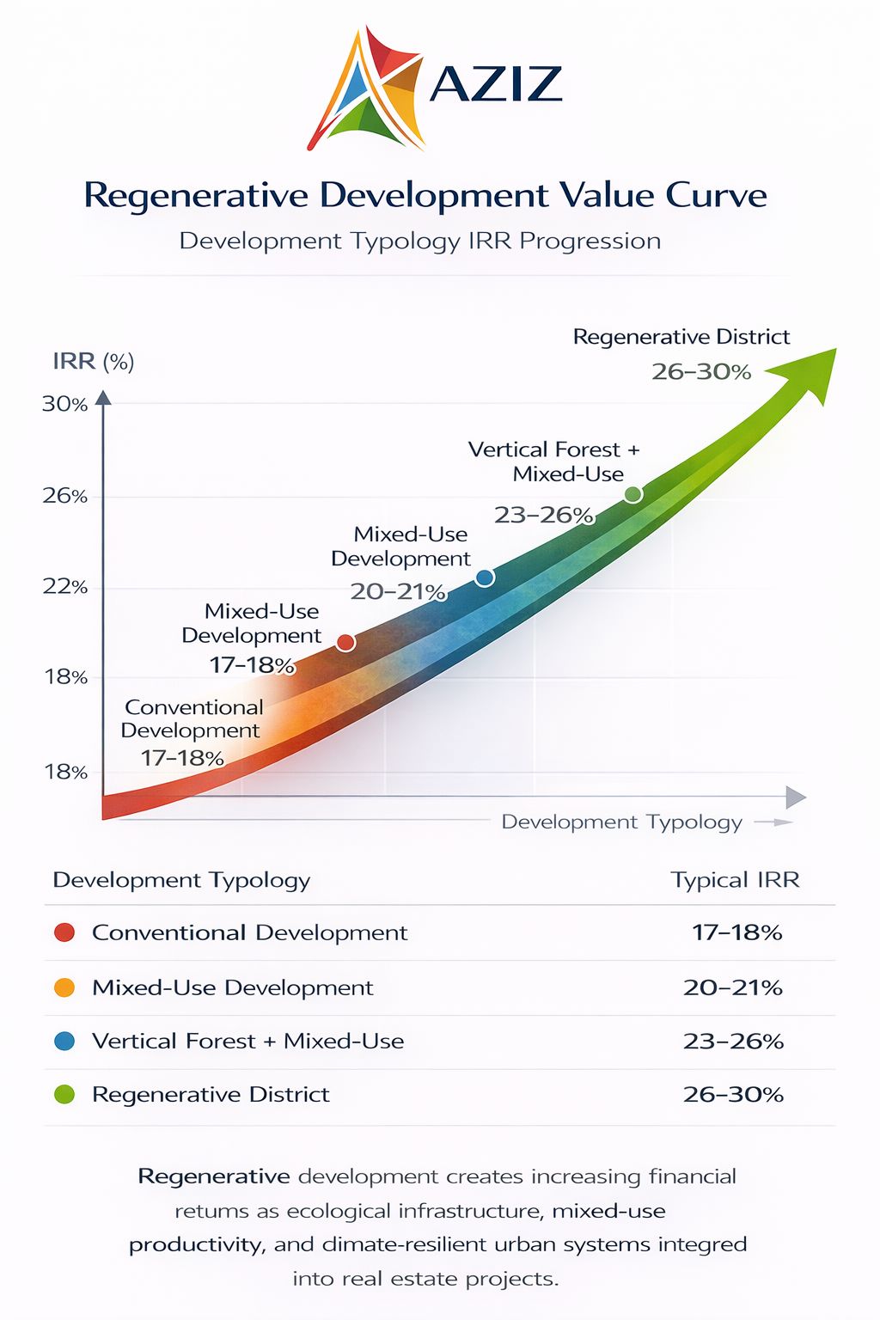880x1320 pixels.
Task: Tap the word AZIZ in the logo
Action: coord(496,84)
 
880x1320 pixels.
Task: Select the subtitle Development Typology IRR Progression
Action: coord(419,241)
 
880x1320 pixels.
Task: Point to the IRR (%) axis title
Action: coord(93,361)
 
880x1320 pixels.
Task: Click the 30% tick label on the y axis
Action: coord(65,404)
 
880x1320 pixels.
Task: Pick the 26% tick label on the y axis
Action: coord(65,496)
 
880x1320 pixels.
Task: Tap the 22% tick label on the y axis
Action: coord(65,587)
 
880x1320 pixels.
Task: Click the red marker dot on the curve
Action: coord(345,642)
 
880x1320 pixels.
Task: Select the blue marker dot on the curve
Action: coord(485,577)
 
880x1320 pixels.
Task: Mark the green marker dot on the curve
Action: coord(632,494)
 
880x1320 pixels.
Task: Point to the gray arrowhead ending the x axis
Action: coord(796,797)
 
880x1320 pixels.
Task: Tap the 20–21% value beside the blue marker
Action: coord(398,591)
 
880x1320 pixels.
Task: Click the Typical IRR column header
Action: coord(735,880)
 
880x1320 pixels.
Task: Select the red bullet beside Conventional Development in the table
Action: coord(64,932)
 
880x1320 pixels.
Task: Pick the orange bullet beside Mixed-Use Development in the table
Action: coord(64,987)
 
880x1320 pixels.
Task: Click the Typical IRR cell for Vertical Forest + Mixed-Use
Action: coord(733,1042)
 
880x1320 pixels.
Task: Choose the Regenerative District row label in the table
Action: coord(211,1095)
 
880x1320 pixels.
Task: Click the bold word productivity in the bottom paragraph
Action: coord(196,1245)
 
